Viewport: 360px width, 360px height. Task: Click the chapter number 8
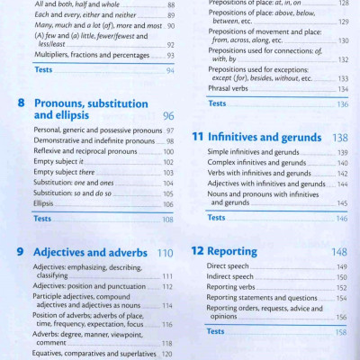pos(21,103)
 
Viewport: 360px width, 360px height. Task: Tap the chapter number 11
pos(198,139)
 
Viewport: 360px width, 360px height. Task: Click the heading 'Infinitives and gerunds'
pos(262,139)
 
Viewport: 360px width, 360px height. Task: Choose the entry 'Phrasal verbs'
pos(229,89)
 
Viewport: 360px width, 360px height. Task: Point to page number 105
pos(167,193)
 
